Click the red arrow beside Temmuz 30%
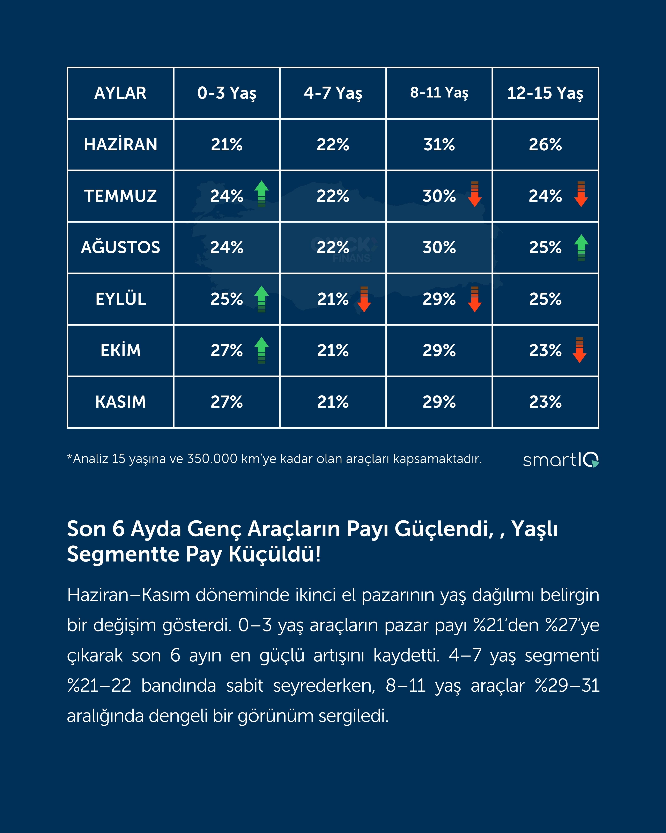(474, 194)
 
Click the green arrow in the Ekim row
(261, 350)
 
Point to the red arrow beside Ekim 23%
(579, 350)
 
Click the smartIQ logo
(561, 460)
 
